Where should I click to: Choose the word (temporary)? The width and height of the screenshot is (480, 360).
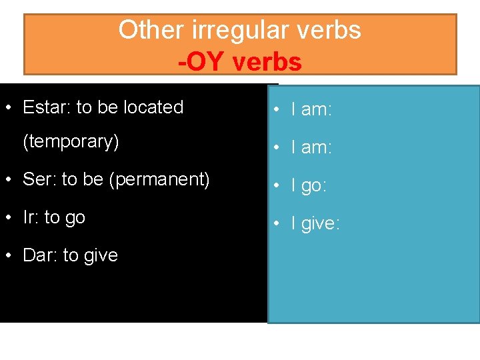[71, 142]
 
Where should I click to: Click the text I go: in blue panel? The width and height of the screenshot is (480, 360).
[309, 186]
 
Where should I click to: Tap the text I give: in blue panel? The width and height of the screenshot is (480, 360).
[315, 224]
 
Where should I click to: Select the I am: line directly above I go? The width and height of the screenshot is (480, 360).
[311, 148]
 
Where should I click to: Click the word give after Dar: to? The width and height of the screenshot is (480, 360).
[100, 255]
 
